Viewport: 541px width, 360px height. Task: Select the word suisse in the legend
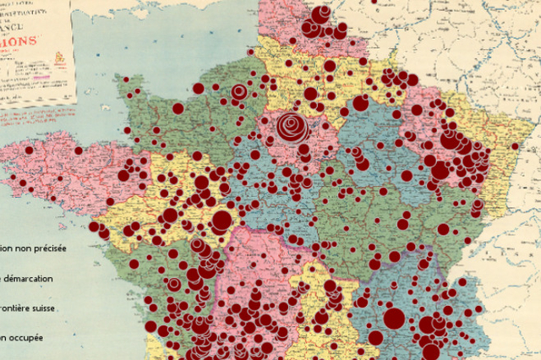click(65, 308)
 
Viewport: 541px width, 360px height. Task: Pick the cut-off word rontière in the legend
click(24, 308)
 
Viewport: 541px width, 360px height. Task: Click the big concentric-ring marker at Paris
click(292, 128)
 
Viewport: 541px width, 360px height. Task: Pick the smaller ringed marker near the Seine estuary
click(239, 91)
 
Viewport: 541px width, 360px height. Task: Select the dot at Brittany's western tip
click(29, 150)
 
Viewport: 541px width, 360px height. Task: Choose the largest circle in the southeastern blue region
click(394, 319)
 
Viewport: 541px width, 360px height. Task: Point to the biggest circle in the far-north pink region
click(321, 15)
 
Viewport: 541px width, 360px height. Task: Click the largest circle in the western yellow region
click(221, 221)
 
